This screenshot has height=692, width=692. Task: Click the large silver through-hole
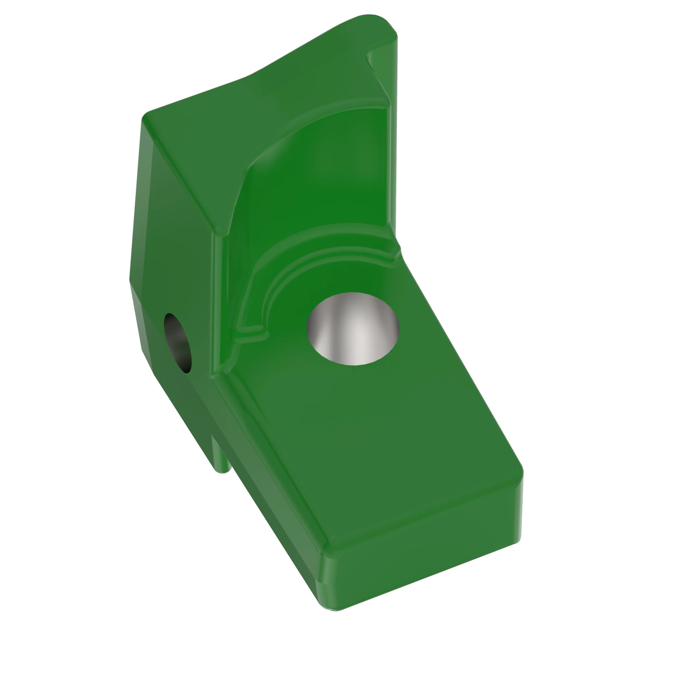pyautogui.click(x=353, y=328)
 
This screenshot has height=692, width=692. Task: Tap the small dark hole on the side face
pyautogui.click(x=177, y=343)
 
